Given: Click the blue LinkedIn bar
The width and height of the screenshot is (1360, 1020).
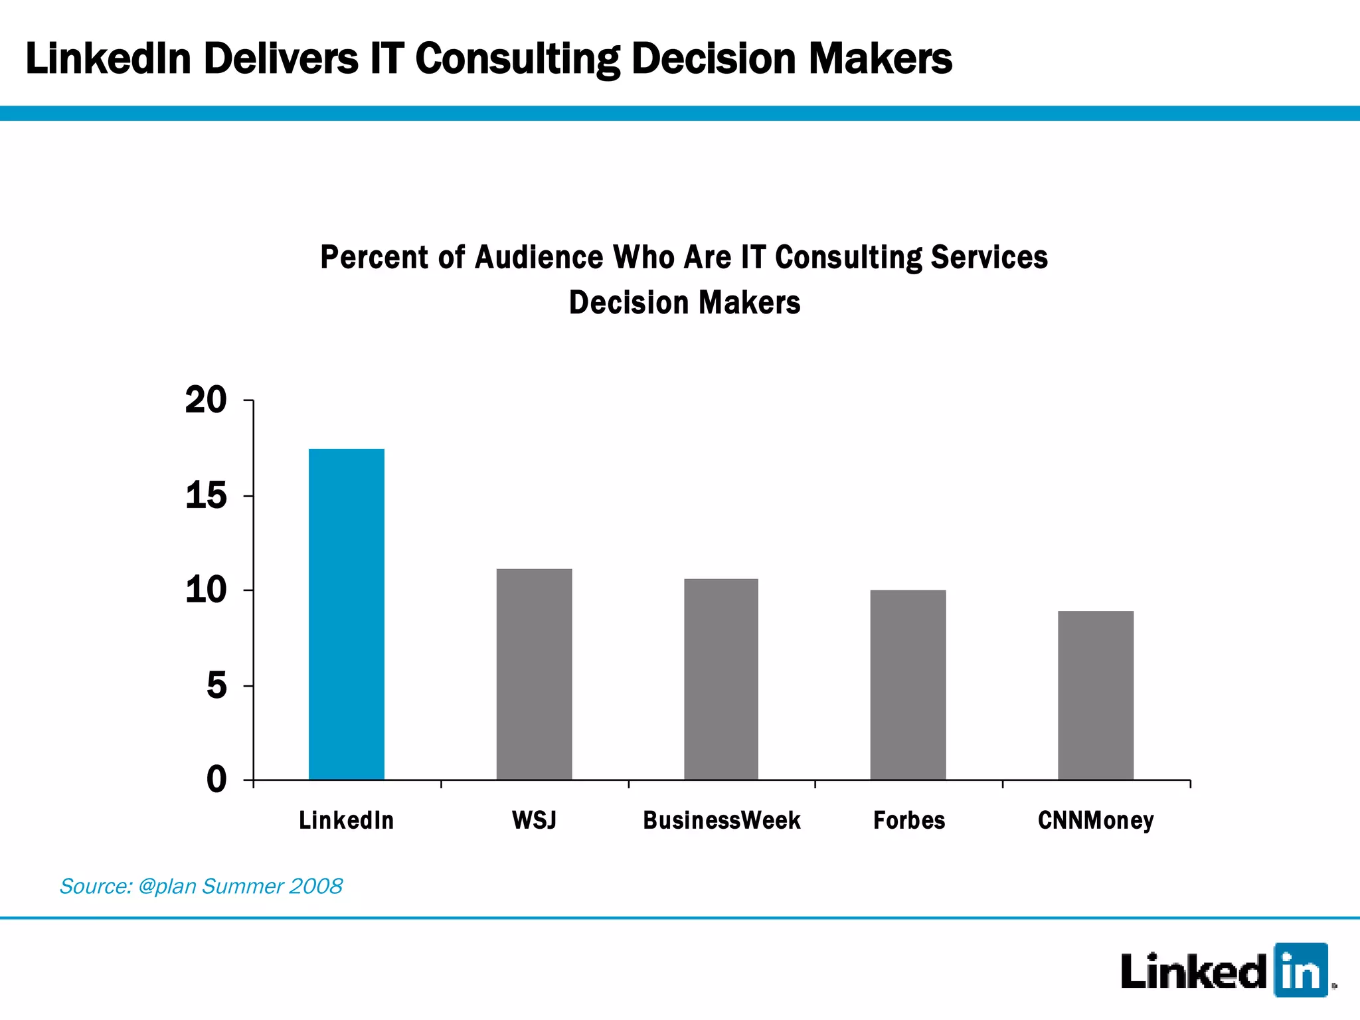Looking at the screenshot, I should pyautogui.click(x=347, y=614).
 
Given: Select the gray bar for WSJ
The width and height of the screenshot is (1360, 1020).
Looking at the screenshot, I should pyautogui.click(x=534, y=674).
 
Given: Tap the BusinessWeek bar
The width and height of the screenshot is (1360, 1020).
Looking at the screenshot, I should pyautogui.click(x=721, y=679).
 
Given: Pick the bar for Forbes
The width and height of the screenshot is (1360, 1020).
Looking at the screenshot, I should pyautogui.click(x=908, y=685).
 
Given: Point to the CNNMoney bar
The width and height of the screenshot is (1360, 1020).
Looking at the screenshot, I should pyautogui.click(x=1096, y=695).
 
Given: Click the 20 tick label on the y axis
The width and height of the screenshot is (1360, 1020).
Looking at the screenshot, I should pyautogui.click(x=206, y=400).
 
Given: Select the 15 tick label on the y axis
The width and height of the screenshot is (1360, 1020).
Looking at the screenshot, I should pyautogui.click(x=206, y=496).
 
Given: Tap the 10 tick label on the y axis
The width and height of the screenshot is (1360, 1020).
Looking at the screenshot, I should pyautogui.click(x=206, y=590).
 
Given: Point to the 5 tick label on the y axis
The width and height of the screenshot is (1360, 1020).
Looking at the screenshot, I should pyautogui.click(x=216, y=685).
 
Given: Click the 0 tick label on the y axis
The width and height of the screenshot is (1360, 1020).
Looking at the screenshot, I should pyautogui.click(x=216, y=780).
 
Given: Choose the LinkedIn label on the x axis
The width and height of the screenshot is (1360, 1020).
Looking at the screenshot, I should pyautogui.click(x=347, y=821).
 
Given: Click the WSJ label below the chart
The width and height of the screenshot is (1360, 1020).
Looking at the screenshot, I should pyautogui.click(x=534, y=821).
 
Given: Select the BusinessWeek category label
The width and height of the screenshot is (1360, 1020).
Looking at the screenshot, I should pyautogui.click(x=722, y=821).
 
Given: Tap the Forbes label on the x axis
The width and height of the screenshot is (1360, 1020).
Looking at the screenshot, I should pyautogui.click(x=909, y=821).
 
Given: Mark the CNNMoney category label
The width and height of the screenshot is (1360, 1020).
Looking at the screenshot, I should pyautogui.click(x=1096, y=821).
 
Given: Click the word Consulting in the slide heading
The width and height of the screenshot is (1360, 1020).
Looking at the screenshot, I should pyautogui.click(x=517, y=59).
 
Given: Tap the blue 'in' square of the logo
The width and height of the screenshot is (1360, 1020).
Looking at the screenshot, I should pyautogui.click(x=1300, y=970).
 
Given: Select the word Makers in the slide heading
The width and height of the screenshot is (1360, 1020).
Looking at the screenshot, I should pyautogui.click(x=880, y=59).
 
